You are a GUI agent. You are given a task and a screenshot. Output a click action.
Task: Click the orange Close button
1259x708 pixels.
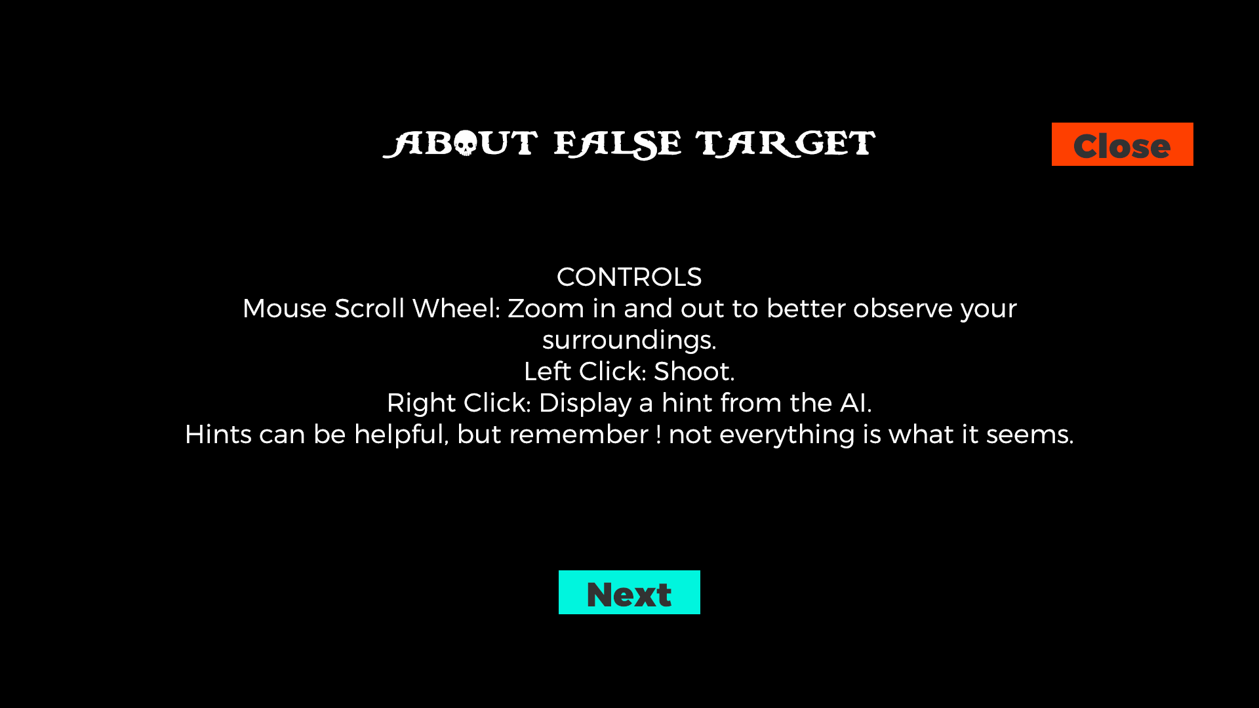coord(1122,144)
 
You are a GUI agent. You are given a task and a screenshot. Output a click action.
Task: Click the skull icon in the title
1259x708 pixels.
coord(466,144)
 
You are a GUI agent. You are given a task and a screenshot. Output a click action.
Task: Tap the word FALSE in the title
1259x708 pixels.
coord(618,145)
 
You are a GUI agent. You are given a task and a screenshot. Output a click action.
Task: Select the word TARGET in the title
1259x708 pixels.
coord(786,144)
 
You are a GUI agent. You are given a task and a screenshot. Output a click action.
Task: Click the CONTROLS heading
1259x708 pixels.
coord(629,277)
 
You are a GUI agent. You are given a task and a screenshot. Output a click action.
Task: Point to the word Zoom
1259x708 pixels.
coord(546,309)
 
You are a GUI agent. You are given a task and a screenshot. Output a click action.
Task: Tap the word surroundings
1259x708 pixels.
coord(629,340)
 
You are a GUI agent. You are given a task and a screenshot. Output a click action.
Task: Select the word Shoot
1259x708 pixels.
coord(694,372)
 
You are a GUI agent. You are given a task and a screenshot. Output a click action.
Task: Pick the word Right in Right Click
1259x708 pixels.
coord(421,403)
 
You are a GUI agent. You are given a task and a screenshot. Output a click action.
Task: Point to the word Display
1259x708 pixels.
coord(584,403)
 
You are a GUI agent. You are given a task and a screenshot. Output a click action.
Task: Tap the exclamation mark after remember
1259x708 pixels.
coord(658,435)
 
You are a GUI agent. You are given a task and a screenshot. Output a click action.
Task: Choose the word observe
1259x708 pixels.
coord(902,309)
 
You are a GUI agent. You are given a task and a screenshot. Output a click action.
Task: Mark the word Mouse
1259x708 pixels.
coord(285,309)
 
